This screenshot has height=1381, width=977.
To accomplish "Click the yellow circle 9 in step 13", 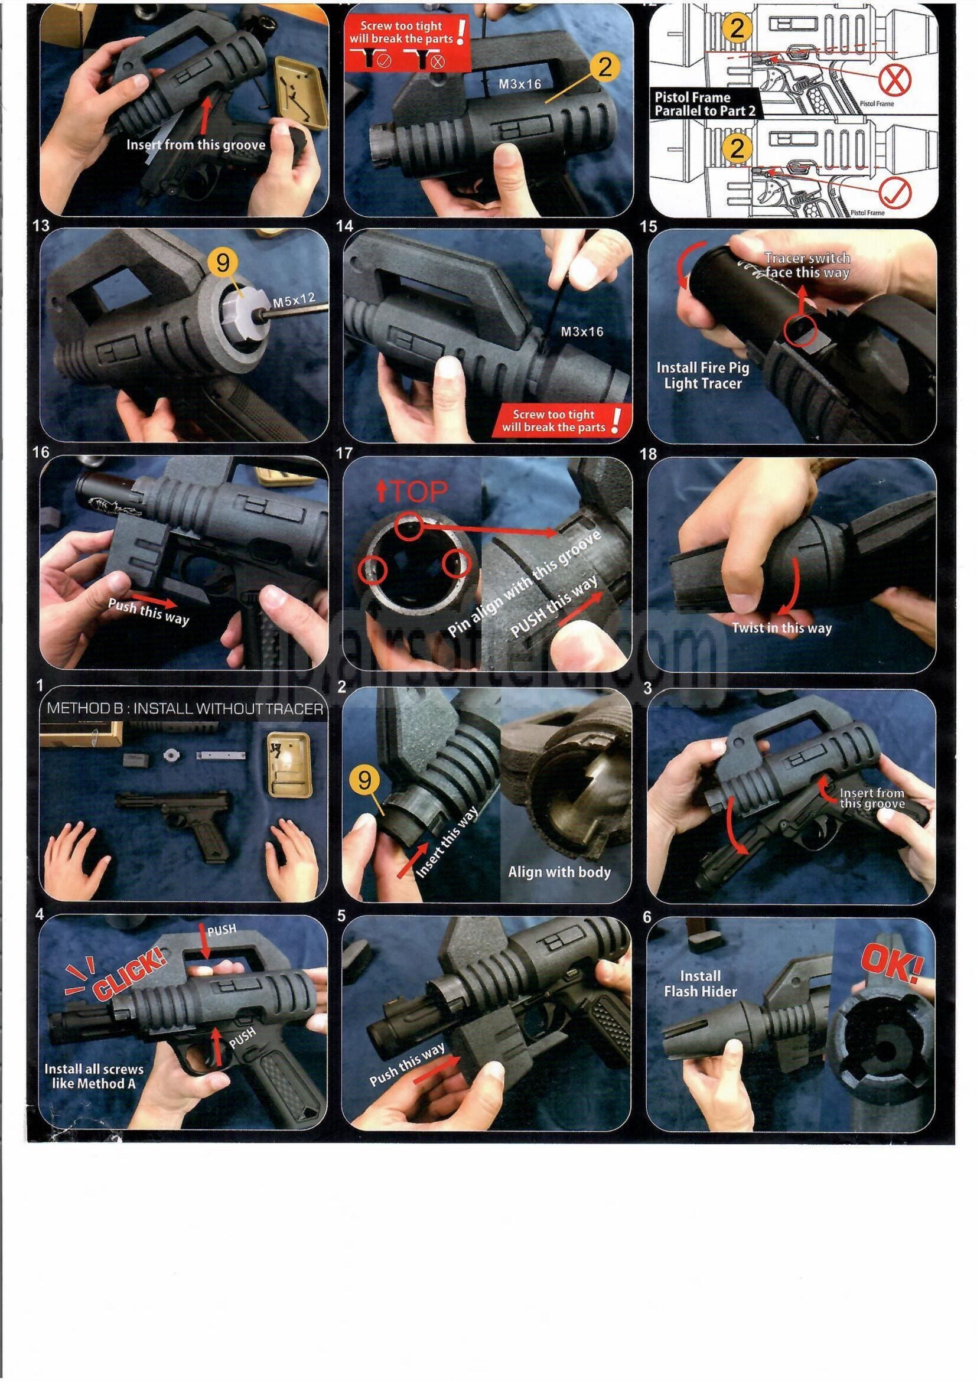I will (223, 263).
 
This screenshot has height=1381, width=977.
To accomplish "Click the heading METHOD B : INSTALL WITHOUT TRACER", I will (185, 709).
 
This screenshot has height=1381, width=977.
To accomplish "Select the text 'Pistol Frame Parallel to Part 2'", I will (705, 104).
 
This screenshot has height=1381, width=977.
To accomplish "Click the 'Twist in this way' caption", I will (781, 628).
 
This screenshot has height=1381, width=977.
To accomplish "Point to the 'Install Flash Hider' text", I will (701, 983).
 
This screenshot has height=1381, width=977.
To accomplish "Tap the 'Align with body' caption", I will (559, 872).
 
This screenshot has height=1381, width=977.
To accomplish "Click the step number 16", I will (41, 452).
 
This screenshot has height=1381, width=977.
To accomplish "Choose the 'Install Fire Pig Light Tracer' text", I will (702, 375).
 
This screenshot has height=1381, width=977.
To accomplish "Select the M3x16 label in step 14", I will (582, 331).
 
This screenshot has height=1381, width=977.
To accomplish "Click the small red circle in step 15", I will (800, 331).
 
